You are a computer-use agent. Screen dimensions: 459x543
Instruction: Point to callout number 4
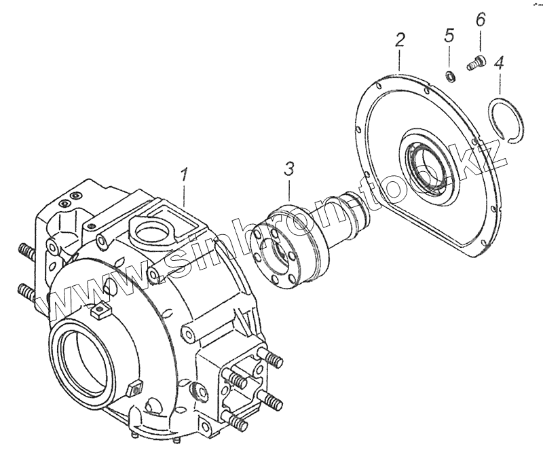click(x=499, y=65)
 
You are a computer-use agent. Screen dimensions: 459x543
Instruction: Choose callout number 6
click(x=480, y=20)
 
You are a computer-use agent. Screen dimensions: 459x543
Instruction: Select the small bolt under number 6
click(x=475, y=64)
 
